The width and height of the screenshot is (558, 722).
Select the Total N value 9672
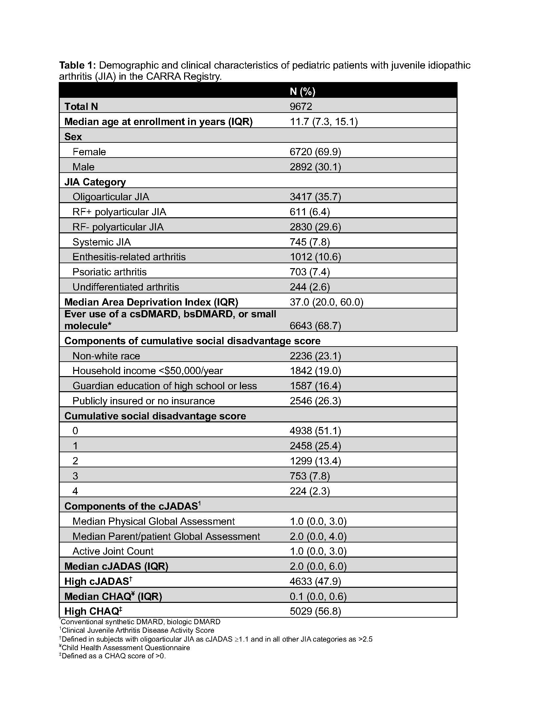tap(301, 106)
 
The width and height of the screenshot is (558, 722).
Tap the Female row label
tap(89, 152)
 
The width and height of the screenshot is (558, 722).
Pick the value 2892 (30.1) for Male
tap(315, 167)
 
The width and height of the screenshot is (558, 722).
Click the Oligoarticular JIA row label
tap(111, 197)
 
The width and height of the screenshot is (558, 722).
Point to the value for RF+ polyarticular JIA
tap(310, 212)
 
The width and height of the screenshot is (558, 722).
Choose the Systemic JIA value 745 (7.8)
tap(310, 242)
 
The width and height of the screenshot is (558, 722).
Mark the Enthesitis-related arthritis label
tap(129, 257)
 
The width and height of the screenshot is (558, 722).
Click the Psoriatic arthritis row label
tap(109, 272)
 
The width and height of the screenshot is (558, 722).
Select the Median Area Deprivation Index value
tap(326, 302)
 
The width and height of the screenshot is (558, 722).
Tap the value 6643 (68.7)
tap(315, 326)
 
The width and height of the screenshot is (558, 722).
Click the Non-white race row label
tap(106, 356)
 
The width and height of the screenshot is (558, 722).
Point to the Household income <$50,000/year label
tap(147, 371)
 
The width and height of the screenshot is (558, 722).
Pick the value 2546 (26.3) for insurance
tap(315, 401)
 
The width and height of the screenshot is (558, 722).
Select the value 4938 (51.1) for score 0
tap(315, 431)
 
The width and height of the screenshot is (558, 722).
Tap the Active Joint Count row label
tap(113, 551)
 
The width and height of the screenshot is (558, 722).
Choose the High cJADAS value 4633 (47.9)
tap(315, 581)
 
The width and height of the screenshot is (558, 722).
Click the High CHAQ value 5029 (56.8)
tap(315, 611)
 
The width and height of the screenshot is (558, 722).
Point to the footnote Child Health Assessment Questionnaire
tap(126, 648)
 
